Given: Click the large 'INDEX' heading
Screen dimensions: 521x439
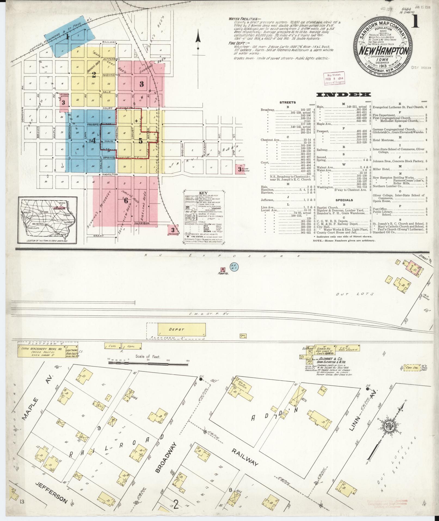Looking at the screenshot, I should [x=343, y=95].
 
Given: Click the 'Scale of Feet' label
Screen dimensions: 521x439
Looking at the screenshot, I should [x=147, y=357].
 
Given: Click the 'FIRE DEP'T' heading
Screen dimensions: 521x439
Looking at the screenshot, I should [x=238, y=43].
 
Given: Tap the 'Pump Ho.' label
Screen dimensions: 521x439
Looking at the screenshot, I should [x=223, y=273].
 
